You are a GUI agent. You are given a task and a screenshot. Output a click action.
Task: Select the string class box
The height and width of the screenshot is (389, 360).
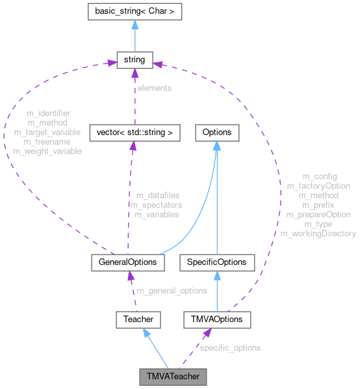(x=135, y=60)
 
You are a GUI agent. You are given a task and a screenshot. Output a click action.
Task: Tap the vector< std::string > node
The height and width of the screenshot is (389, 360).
(x=134, y=132)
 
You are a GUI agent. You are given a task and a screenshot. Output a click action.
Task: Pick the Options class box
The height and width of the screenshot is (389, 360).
(x=216, y=132)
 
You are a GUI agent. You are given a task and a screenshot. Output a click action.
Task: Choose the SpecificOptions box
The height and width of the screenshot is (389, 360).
(x=216, y=262)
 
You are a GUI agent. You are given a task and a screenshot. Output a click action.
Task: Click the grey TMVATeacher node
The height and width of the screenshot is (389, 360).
(x=173, y=376)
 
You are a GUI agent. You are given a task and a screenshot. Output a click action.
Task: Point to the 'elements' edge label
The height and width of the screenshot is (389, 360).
(x=154, y=88)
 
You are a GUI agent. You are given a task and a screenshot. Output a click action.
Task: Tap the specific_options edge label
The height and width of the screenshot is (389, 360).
(x=229, y=348)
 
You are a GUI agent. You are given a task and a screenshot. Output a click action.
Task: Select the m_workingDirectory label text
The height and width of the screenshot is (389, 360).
(x=318, y=233)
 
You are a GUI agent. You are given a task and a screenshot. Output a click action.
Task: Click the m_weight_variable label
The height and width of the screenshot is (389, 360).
(x=47, y=151)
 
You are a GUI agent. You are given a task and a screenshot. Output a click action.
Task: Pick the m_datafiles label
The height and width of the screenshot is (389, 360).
(x=157, y=195)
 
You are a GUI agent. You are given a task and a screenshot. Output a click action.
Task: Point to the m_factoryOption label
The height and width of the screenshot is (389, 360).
(x=318, y=186)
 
